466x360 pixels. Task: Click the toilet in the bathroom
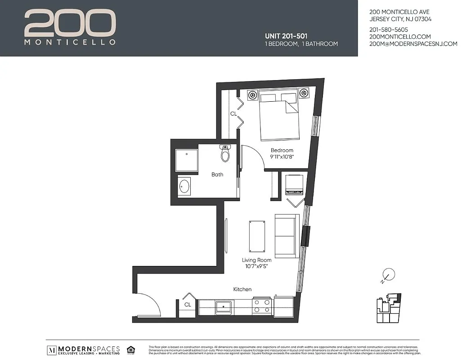pyautogui.click(x=225, y=154)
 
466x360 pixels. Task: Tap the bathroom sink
pyautogui.click(x=184, y=186)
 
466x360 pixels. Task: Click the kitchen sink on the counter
pyautogui.click(x=224, y=307)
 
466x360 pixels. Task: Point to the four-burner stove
pyautogui.click(x=261, y=306)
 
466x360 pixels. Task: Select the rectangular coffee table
pyautogui.click(x=258, y=235)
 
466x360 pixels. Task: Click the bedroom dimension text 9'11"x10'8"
pyautogui.click(x=282, y=157)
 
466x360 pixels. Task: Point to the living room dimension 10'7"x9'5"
pyautogui.click(x=257, y=267)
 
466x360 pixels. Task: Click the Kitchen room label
pyautogui.click(x=242, y=289)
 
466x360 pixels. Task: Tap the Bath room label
pyautogui.click(x=217, y=175)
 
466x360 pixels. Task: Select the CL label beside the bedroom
pyautogui.click(x=233, y=114)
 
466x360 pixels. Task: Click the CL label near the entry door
pyautogui.click(x=188, y=305)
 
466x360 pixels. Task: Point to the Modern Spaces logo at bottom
pyautogui.click(x=84, y=350)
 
